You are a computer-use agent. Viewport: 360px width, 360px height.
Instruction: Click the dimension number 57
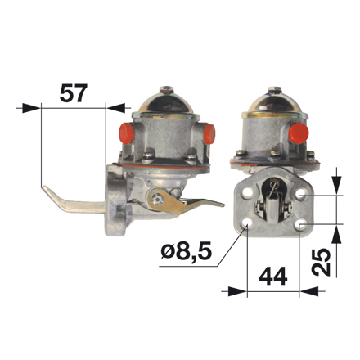point(74,93)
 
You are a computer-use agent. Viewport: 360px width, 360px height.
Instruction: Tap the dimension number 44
point(273,276)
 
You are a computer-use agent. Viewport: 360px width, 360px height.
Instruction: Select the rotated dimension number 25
point(321,262)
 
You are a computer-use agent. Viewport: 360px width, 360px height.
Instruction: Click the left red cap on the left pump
point(126,133)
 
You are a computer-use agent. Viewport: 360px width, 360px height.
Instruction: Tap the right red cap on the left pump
point(209,134)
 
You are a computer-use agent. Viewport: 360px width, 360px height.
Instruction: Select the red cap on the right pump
point(299,133)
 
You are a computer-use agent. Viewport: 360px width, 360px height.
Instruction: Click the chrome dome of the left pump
point(165,103)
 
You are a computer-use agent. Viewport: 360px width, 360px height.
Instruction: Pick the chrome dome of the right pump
point(274,102)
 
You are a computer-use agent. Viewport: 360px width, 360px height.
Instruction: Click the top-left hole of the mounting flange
point(248,193)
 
